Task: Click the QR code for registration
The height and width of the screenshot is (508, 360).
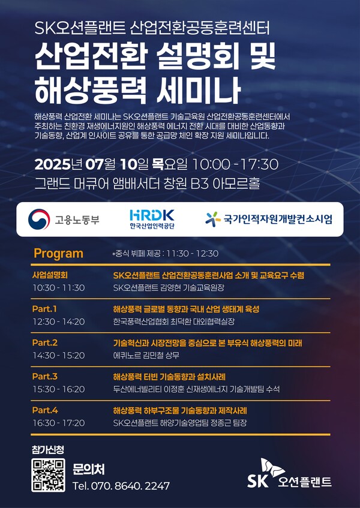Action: click(48, 475)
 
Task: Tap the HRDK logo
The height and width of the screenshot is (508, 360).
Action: click(152, 219)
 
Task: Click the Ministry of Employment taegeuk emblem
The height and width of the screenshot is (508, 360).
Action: click(39, 220)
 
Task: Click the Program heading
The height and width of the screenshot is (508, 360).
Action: click(59, 253)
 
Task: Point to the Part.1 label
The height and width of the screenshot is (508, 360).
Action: click(44, 309)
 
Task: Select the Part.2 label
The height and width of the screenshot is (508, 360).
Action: click(45, 343)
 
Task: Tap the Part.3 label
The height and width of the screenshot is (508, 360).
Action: click(45, 377)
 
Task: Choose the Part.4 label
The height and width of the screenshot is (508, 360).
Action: click(45, 410)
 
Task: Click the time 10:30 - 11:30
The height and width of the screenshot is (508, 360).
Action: click(59, 288)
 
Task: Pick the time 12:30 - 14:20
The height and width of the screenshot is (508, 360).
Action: click(59, 321)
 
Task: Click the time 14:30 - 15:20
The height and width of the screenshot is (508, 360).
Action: click(59, 356)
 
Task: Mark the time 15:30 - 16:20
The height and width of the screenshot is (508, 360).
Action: click(59, 389)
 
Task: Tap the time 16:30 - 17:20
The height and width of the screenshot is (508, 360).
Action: click(59, 423)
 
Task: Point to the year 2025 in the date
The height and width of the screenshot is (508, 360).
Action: click(52, 164)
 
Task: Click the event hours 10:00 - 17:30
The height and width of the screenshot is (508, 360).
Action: click(235, 164)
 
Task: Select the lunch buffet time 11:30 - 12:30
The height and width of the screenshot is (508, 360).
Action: click(193, 254)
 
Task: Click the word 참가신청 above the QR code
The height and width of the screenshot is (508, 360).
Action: click(48, 449)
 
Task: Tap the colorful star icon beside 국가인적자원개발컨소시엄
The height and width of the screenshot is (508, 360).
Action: click(213, 219)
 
